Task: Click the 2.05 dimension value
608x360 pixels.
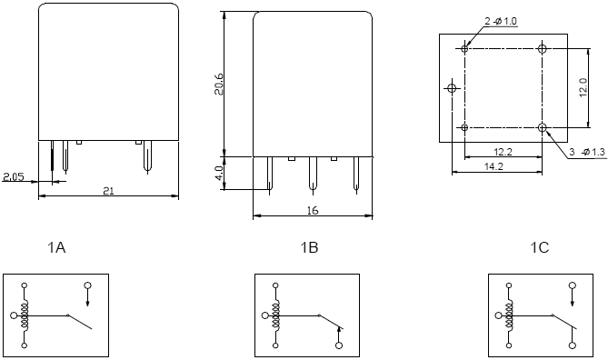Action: click(14, 177)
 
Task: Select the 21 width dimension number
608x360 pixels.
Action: click(108, 191)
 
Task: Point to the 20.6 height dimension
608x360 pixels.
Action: click(219, 84)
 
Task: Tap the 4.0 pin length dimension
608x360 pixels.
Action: click(219, 173)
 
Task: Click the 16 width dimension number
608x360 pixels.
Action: click(312, 211)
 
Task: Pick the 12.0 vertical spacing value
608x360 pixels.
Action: click(583, 87)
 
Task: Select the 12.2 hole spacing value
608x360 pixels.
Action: click(503, 152)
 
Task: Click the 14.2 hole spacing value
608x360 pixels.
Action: click(493, 166)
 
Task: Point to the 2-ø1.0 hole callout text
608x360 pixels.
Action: click(501, 21)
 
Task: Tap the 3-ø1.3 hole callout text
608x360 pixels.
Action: click(587, 152)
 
